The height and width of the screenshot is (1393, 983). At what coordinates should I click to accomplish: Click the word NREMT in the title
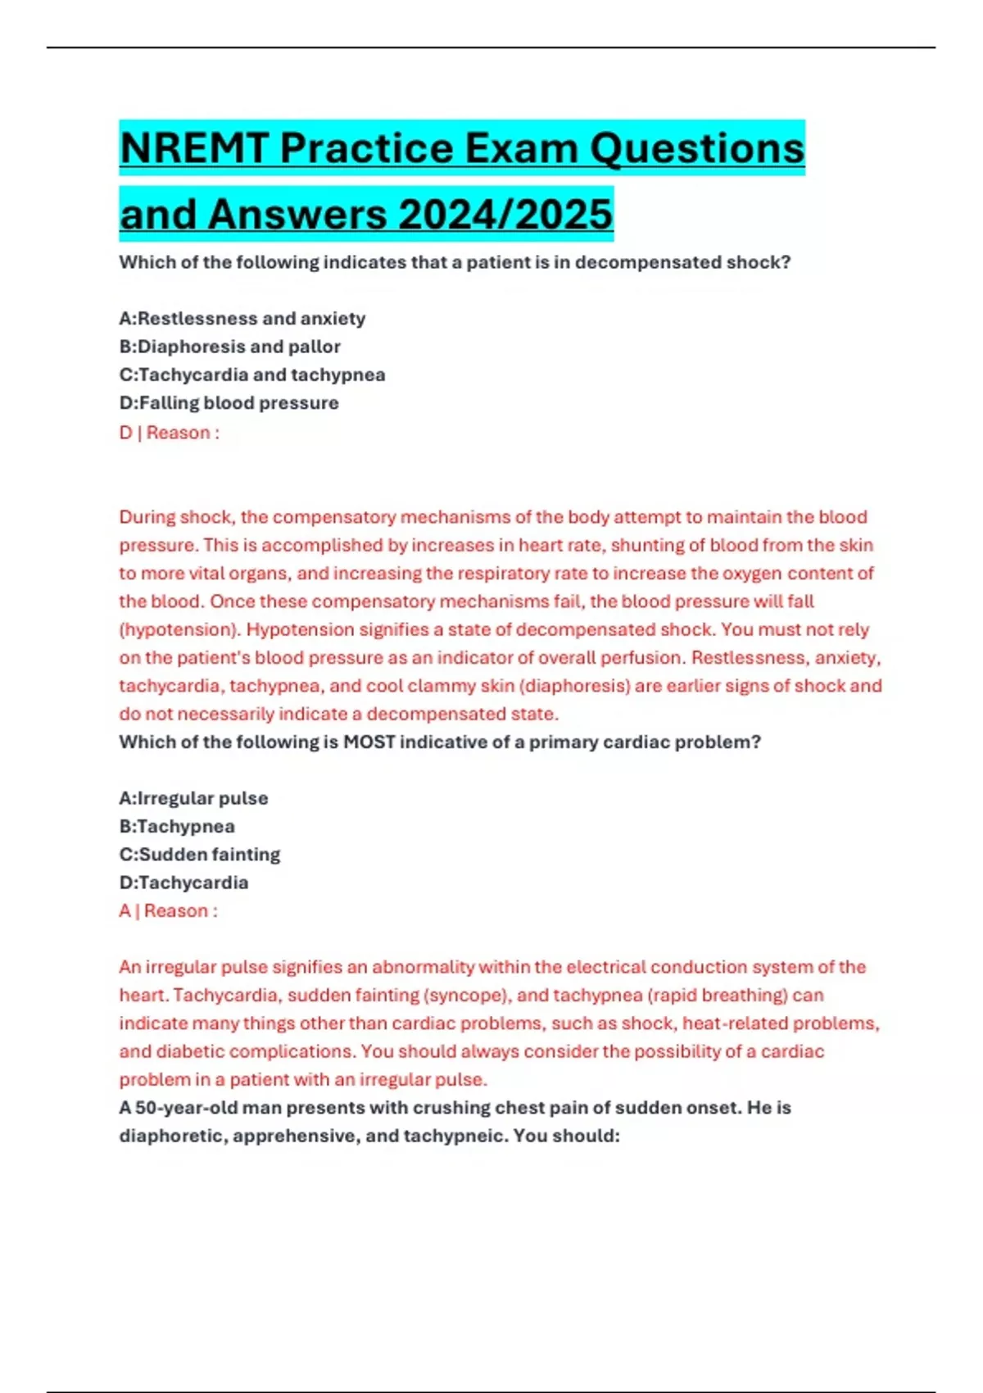[x=194, y=149]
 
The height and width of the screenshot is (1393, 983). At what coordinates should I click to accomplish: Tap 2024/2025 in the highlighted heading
[x=505, y=216]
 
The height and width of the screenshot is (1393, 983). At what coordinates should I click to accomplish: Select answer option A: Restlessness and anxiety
[x=242, y=318]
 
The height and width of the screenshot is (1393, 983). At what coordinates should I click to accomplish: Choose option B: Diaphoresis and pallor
[x=230, y=347]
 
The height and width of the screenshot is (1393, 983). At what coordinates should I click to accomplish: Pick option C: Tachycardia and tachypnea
[x=252, y=374]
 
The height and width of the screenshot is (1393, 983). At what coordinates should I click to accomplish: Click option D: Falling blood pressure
[x=229, y=403]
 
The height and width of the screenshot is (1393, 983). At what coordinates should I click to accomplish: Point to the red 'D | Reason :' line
[x=170, y=433]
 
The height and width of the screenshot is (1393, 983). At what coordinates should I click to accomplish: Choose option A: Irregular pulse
[x=194, y=798]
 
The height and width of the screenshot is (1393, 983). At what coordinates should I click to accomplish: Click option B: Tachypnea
[x=177, y=826]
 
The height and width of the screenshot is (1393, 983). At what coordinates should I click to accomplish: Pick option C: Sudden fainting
[x=200, y=855]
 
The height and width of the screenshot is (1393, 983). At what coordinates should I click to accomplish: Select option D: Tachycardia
[x=184, y=883]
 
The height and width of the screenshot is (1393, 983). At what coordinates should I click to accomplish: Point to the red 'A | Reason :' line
[x=169, y=911]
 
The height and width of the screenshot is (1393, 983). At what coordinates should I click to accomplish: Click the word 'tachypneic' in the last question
[x=449, y=1137]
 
